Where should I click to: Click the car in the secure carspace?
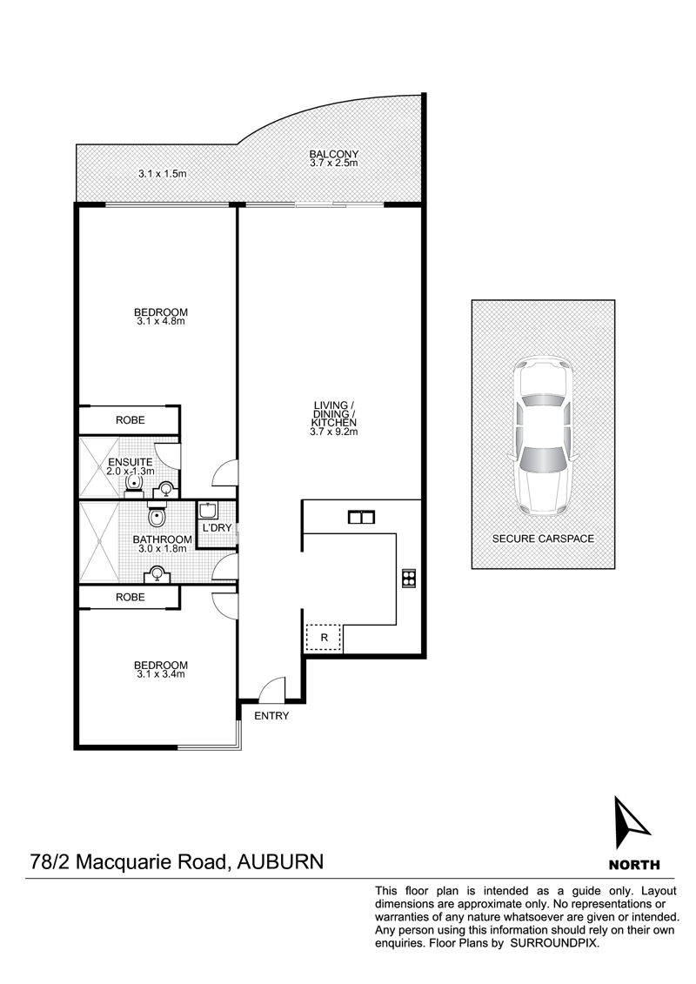(543, 435)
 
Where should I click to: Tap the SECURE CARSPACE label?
(543, 539)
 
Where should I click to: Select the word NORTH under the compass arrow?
(633, 865)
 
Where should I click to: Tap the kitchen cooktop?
(409, 578)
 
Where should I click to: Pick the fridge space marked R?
(324, 638)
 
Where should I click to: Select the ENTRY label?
(271, 716)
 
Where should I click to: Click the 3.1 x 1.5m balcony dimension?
(163, 174)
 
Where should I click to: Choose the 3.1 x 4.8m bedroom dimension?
(161, 322)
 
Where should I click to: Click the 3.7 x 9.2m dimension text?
(334, 431)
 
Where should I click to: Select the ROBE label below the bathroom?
(130, 598)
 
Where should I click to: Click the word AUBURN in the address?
(281, 861)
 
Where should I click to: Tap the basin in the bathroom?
(157, 572)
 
